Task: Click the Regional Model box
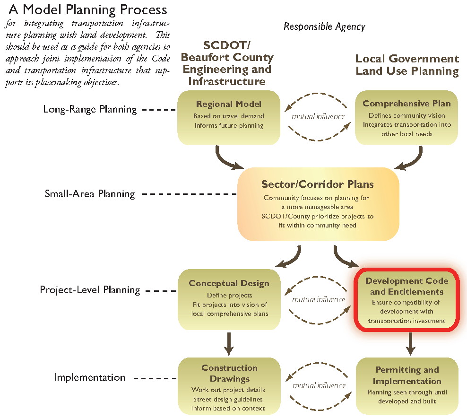click(x=229, y=117)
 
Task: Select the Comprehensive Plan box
click(x=406, y=117)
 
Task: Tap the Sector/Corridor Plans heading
click(x=318, y=184)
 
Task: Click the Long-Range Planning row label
click(x=90, y=109)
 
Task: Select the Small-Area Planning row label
click(x=90, y=194)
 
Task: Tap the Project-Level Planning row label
click(x=90, y=290)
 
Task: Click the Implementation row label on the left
click(x=90, y=377)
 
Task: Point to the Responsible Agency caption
click(x=324, y=26)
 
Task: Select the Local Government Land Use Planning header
click(x=407, y=65)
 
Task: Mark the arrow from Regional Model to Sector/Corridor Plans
click(x=227, y=159)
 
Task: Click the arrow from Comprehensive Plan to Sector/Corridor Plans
click(x=409, y=159)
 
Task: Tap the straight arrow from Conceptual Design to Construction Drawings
click(x=229, y=344)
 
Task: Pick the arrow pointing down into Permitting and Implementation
click(x=411, y=344)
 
